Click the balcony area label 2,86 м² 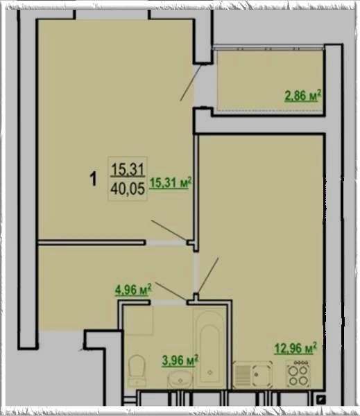(303, 96)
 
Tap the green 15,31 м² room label (170, 183)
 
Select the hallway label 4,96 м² (133, 290)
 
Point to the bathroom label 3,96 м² (180, 361)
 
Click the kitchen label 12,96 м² (295, 348)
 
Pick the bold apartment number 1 (93, 179)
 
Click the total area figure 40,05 (128, 189)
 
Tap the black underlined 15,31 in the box (128, 169)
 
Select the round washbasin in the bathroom (180, 380)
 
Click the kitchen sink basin (262, 374)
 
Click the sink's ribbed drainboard (242, 375)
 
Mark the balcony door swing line (190, 83)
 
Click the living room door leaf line (169, 230)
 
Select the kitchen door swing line (208, 275)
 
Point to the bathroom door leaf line (171, 291)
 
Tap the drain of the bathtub (210, 372)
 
